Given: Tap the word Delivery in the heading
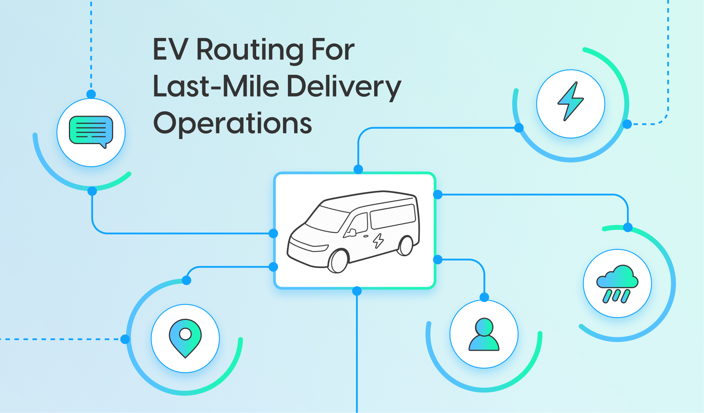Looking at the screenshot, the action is coord(344,87).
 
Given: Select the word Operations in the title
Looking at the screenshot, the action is coord(232,123).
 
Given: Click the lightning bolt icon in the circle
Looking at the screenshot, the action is coord(570,102).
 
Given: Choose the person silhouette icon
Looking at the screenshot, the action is coord(484,335).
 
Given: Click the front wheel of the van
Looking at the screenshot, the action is coord(339,261).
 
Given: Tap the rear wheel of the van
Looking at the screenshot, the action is coord(406,245).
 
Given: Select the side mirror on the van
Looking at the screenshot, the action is coord(351,232).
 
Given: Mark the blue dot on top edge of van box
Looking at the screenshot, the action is coord(358,169).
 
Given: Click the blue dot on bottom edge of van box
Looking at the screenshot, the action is coord(357,291).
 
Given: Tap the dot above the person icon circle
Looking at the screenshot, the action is coord(484,297).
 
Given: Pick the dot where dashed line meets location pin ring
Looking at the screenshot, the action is coord(125,339).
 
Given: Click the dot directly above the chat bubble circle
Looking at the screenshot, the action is coord(91,94).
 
